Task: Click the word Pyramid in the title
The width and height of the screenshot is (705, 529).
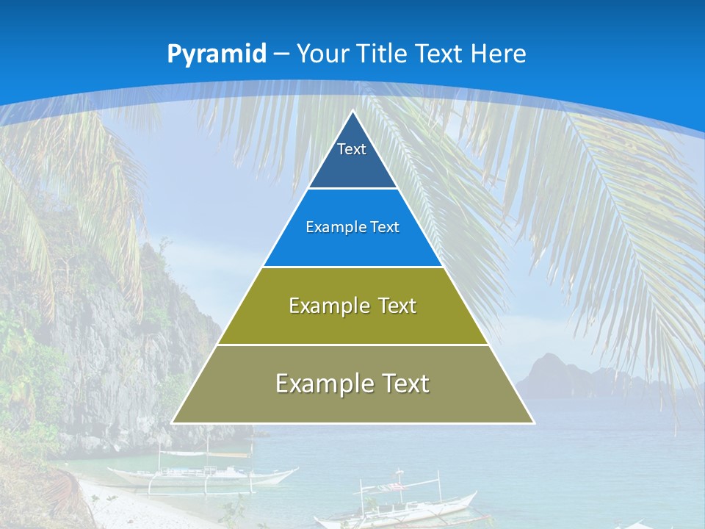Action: click(216, 54)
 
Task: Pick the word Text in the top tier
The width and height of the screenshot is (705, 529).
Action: click(352, 149)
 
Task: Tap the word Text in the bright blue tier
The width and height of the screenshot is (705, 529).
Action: click(384, 228)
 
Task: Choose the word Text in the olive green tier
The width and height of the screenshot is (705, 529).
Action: click(397, 306)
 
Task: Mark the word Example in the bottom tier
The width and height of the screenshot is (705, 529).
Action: click(322, 384)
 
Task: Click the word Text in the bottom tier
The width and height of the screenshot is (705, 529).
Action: click(405, 384)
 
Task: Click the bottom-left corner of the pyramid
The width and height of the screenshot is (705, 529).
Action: click(173, 422)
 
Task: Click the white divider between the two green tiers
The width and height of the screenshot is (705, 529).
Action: click(352, 345)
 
